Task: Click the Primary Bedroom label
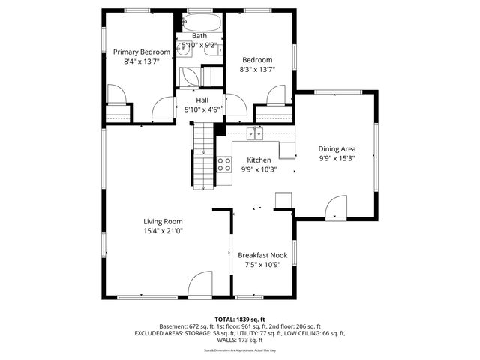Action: (142, 52)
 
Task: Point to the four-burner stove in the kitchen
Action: (224, 164)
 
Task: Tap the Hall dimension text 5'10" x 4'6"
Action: (202, 109)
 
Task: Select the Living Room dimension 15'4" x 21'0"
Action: (163, 232)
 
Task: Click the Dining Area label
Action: (337, 149)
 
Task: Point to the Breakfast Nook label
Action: (262, 255)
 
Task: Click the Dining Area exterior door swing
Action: (336, 203)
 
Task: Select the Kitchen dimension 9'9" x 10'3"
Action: (259, 170)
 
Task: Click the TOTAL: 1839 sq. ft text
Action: (239, 319)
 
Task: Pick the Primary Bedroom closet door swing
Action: (116, 94)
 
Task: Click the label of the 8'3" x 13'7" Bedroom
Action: (257, 59)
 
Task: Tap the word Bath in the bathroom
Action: (199, 36)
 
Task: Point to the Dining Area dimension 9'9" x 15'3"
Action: (337, 159)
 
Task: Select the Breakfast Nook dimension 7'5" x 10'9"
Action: (262, 265)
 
